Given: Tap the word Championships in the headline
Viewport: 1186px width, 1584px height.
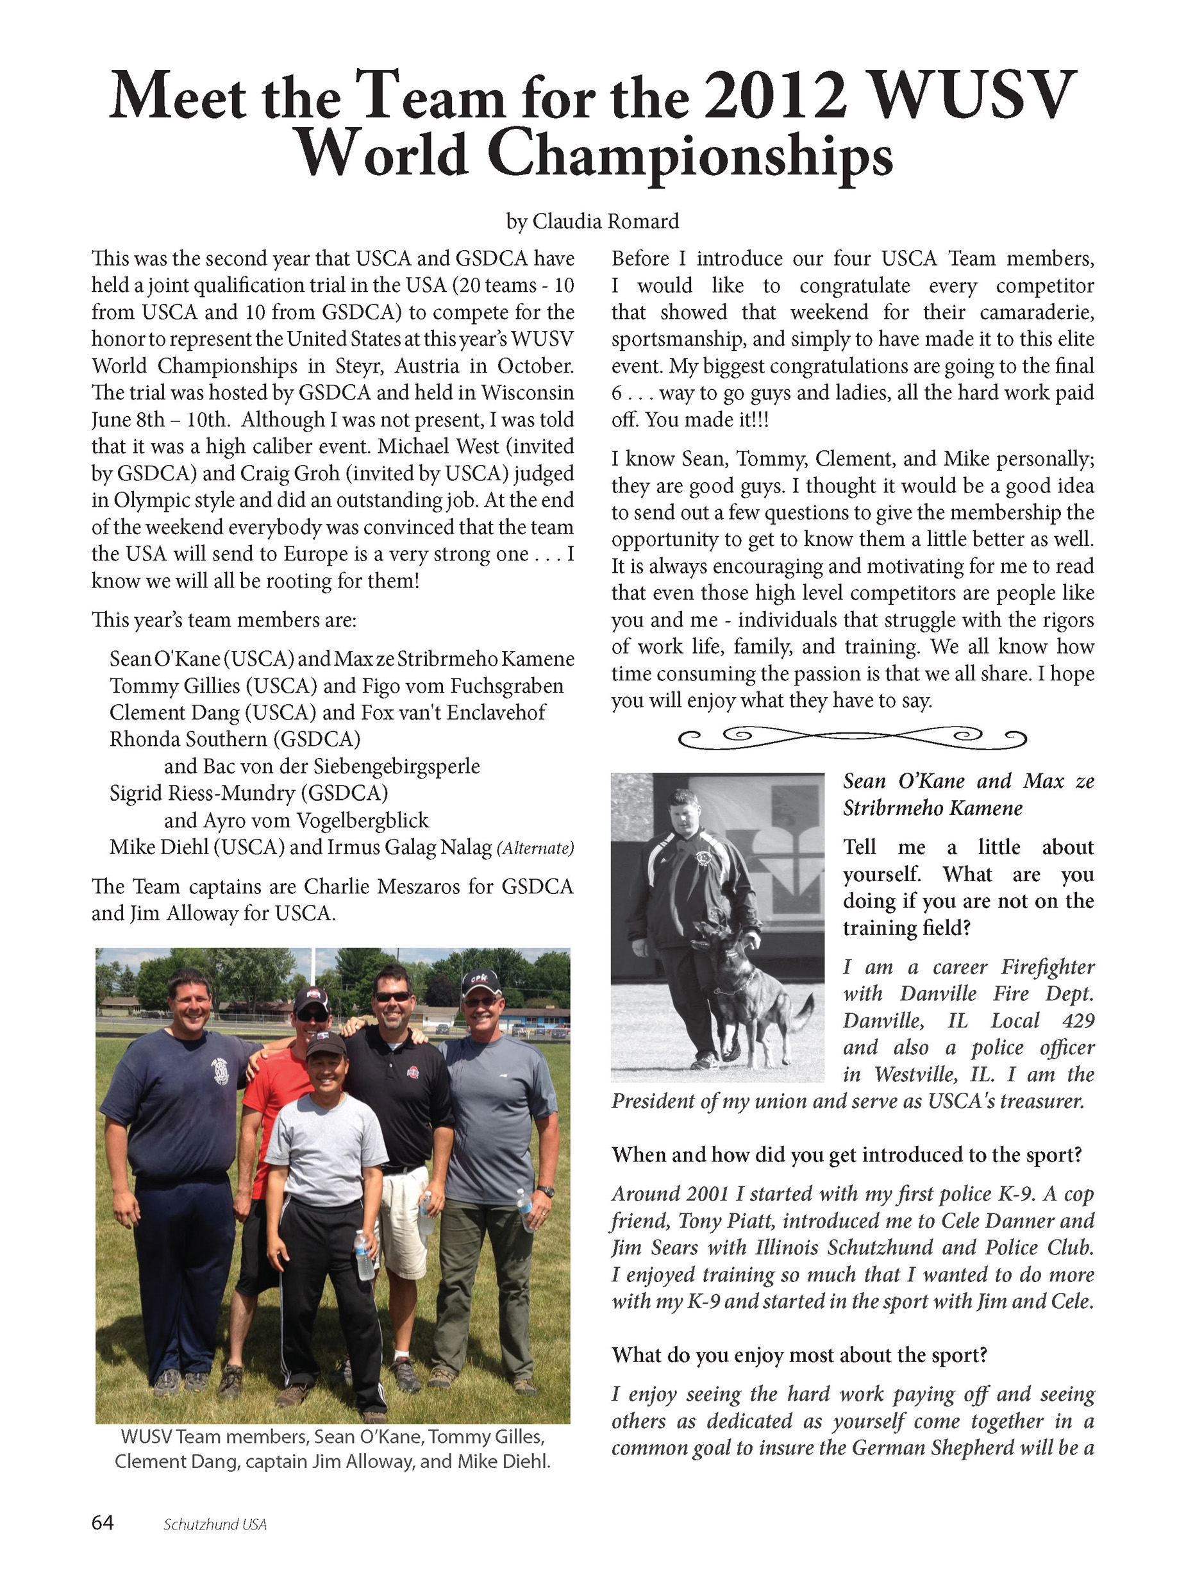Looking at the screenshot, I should [690, 155].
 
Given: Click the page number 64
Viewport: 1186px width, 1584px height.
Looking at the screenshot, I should [103, 1522].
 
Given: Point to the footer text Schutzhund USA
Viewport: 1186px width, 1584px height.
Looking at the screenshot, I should [215, 1524].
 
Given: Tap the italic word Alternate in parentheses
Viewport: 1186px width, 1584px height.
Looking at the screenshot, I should [536, 848].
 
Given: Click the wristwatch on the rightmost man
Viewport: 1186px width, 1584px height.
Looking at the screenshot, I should [546, 1192].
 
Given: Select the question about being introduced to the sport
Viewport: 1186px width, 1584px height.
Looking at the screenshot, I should [846, 1154].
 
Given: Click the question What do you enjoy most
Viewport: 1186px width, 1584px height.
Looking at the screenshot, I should [799, 1355].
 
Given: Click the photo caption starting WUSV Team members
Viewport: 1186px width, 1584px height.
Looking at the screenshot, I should [332, 1449].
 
